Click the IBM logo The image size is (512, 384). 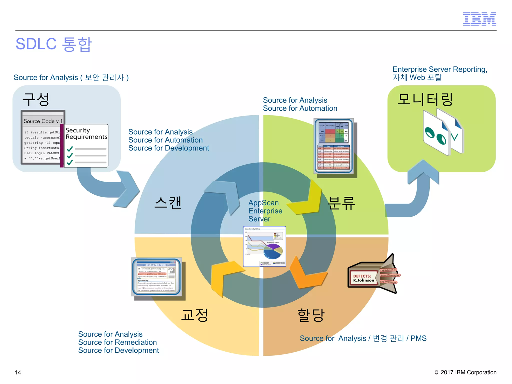(x=479, y=19)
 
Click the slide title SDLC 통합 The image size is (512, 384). (x=53, y=44)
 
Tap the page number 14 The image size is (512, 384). (x=18, y=372)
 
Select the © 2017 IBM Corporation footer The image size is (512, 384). (x=465, y=372)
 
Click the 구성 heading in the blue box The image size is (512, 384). (x=36, y=99)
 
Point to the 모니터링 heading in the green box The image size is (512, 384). (x=425, y=99)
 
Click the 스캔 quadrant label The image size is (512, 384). (x=168, y=202)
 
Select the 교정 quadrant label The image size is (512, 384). (x=194, y=315)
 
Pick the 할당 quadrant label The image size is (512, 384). (x=311, y=315)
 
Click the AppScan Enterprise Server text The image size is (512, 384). (x=265, y=211)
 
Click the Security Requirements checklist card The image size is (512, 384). (x=86, y=145)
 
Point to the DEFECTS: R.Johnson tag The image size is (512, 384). (x=363, y=278)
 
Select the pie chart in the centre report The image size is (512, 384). (x=273, y=251)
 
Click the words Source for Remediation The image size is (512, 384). (x=117, y=342)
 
